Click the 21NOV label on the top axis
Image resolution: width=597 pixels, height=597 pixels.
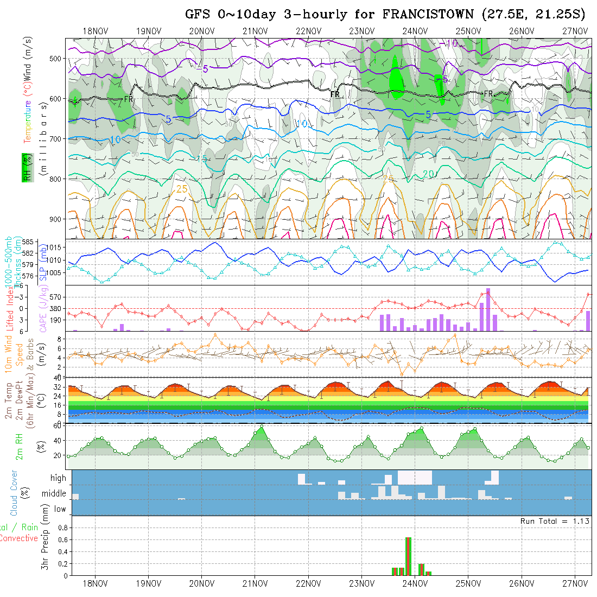pos(255,31)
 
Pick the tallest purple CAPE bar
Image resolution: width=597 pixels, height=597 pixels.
pos(488,309)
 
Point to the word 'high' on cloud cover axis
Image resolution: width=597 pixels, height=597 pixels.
pos(58,478)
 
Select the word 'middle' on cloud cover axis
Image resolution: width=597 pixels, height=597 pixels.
pos(54,494)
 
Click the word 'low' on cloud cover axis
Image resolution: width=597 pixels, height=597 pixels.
pos(60,509)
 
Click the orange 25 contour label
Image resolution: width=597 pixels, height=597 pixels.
pos(182,189)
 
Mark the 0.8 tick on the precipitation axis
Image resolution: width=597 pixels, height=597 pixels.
pos(61,528)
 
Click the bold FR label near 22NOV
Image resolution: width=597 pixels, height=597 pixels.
pos(335,94)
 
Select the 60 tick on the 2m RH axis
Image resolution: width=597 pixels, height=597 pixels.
pos(56,425)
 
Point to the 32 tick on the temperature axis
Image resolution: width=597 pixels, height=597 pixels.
pos(56,387)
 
